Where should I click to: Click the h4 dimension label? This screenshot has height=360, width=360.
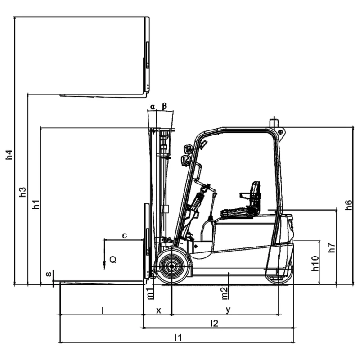point(9,154)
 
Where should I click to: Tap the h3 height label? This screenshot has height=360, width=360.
point(22,192)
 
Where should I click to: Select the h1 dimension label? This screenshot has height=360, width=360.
point(36,204)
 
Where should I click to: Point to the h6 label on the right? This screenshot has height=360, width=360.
point(348,205)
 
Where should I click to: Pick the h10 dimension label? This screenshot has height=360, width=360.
point(315,263)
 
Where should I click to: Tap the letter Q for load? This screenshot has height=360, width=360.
point(113,260)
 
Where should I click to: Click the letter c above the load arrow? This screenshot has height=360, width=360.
point(125,235)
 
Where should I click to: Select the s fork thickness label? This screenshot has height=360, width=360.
point(49,274)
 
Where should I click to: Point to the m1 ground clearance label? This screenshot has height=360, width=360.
point(150,293)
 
